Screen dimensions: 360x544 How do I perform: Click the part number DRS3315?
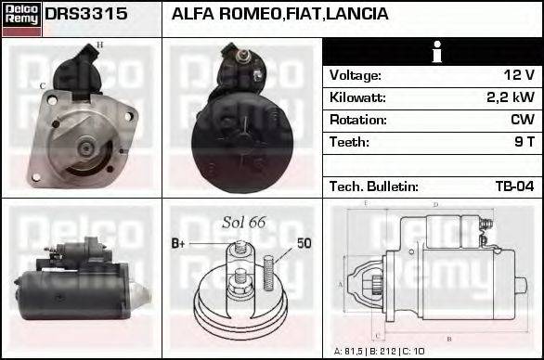pos(86,15)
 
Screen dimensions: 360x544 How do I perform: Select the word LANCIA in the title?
pos(357,15)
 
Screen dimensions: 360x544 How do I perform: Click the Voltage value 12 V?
pos(518,75)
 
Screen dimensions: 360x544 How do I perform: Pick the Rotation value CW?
pos(522,120)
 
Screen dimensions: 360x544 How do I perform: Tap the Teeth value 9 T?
pos(525,142)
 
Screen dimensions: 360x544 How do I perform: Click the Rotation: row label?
pos(358,120)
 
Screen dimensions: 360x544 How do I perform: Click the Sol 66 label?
pos(244,222)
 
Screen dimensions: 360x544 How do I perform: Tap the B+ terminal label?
pos(179,243)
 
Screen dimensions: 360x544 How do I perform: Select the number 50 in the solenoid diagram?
pos(304,243)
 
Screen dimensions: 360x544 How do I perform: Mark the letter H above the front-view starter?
pos(100,45)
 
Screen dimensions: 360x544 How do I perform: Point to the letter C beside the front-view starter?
pos(43,86)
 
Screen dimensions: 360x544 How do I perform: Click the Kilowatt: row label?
pos(357,97)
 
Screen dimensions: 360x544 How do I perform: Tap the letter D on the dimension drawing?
pos(435,204)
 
